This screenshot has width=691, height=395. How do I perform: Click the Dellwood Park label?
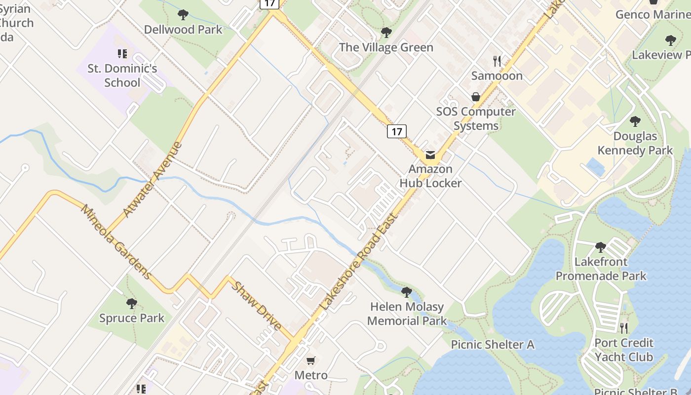pyautogui.click(x=183, y=30)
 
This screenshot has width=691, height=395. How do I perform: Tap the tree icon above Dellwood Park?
pyautogui.click(x=183, y=15)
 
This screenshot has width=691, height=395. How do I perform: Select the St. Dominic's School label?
pyautogui.click(x=122, y=76)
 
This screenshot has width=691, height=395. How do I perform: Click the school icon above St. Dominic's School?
pyautogui.click(x=122, y=54)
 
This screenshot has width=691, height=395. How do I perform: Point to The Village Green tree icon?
pyautogui.click(x=386, y=33)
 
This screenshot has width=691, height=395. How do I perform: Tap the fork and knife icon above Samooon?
pyautogui.click(x=497, y=61)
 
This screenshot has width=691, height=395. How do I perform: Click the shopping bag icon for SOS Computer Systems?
pyautogui.click(x=476, y=97)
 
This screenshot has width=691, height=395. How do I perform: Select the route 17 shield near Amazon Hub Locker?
pyautogui.click(x=396, y=131)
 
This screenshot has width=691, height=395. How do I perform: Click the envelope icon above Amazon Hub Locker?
pyautogui.click(x=430, y=155)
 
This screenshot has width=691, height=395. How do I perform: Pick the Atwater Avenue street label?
pyautogui.click(x=153, y=180)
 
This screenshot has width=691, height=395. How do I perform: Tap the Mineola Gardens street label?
pyautogui.click(x=116, y=241)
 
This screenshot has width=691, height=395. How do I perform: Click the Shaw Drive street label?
pyautogui.click(x=257, y=306)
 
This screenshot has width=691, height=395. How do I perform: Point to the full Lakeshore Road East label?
pyautogui.click(x=359, y=262)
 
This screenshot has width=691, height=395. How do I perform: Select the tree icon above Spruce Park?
pyautogui.click(x=131, y=303)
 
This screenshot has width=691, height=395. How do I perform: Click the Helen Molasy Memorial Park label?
pyautogui.click(x=407, y=314)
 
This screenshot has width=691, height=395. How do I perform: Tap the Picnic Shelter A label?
pyautogui.click(x=492, y=344)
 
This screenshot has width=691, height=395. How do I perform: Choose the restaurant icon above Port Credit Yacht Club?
pyautogui.click(x=624, y=328)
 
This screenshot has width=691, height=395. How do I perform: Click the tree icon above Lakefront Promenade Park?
pyautogui.click(x=600, y=247)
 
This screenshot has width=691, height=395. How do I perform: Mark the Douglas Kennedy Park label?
pyautogui.click(x=635, y=143)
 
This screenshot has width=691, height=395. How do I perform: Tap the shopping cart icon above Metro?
pyautogui.click(x=310, y=361)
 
